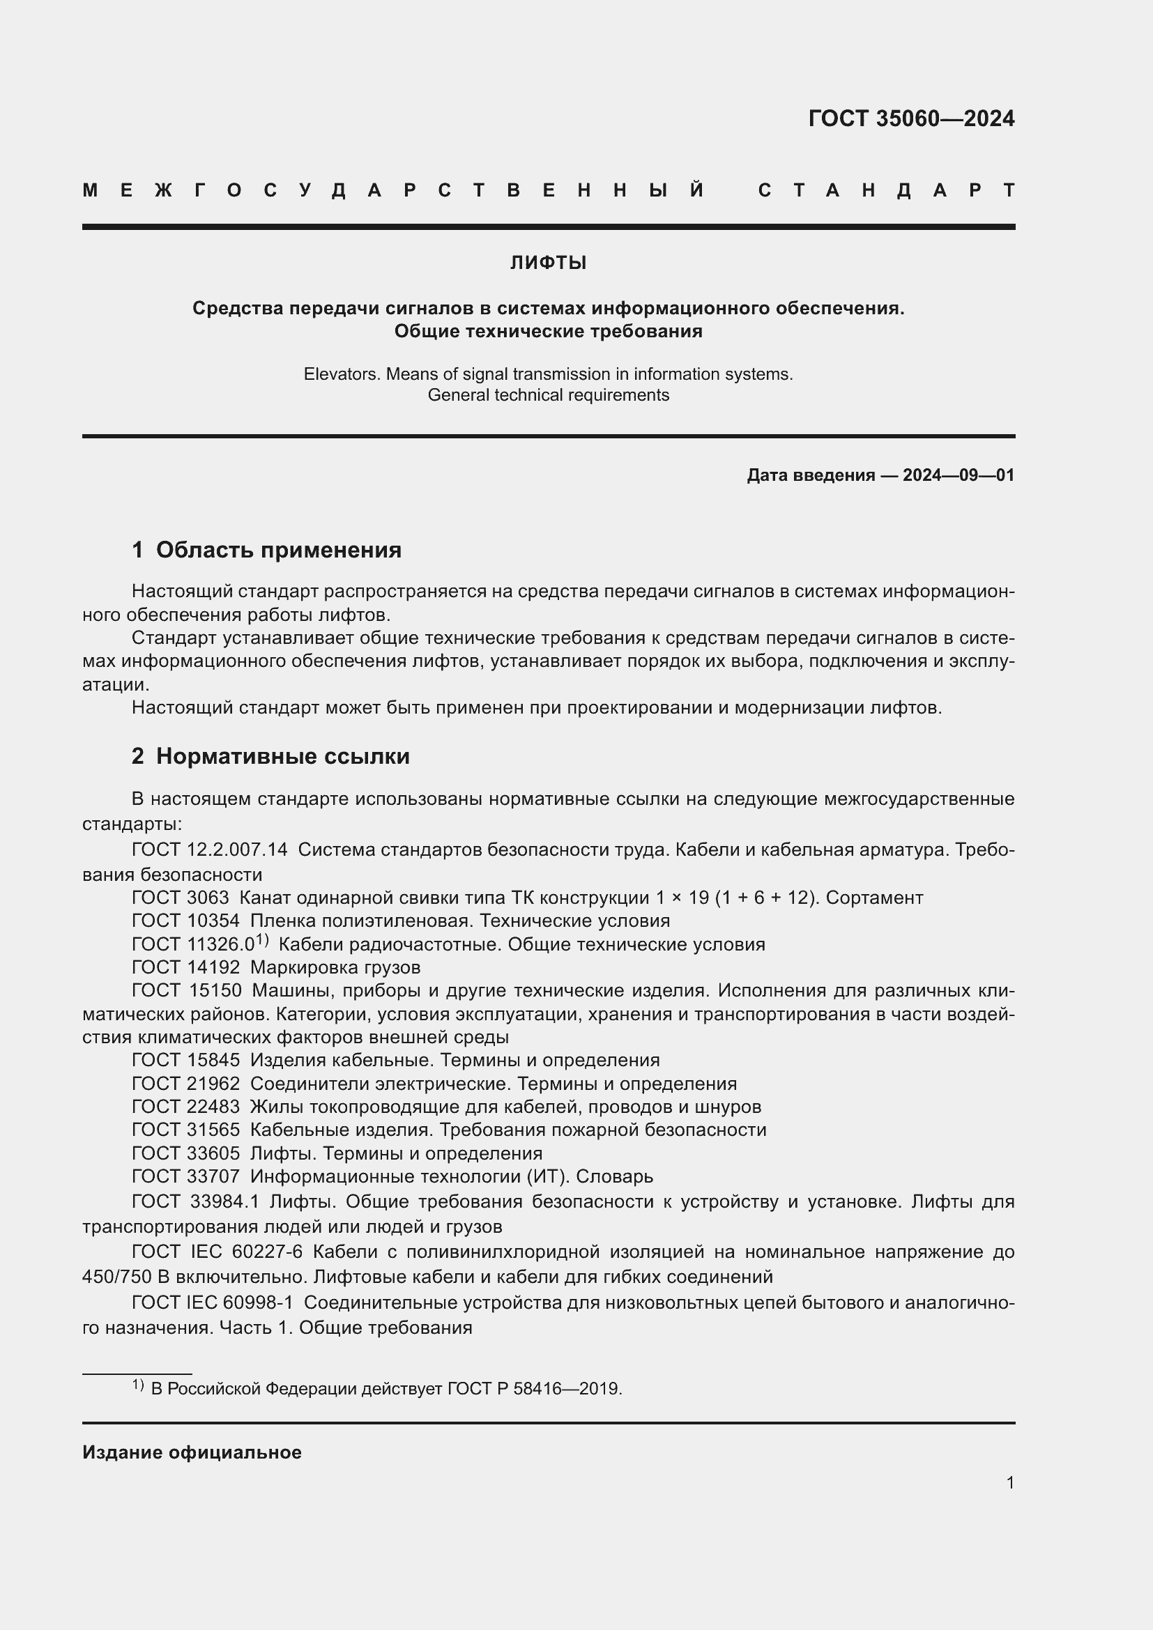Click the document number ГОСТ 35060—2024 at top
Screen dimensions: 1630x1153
[911, 118]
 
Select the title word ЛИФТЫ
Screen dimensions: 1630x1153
[548, 263]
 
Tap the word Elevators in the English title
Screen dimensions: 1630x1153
[342, 374]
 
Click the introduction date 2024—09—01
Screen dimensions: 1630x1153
[959, 475]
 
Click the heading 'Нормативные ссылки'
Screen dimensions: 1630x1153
[282, 756]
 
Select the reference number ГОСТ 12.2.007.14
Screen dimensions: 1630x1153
[209, 849]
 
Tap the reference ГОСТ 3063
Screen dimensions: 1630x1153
[181, 898]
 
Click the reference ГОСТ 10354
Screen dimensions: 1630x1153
[185, 921]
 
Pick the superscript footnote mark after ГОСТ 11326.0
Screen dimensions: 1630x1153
[262, 940]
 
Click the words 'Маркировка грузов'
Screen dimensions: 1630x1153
[335, 967]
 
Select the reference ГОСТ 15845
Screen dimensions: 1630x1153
[185, 1060]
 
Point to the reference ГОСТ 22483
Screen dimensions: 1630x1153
[185, 1106]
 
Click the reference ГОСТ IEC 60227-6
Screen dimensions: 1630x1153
[217, 1252]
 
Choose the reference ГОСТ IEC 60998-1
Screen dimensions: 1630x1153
[213, 1302]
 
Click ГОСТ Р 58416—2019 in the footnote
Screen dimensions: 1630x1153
[534, 1389]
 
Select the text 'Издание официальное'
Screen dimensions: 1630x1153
[192, 1452]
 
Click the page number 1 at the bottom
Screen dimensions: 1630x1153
[1009, 1482]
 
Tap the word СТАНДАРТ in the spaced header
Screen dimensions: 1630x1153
[886, 190]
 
